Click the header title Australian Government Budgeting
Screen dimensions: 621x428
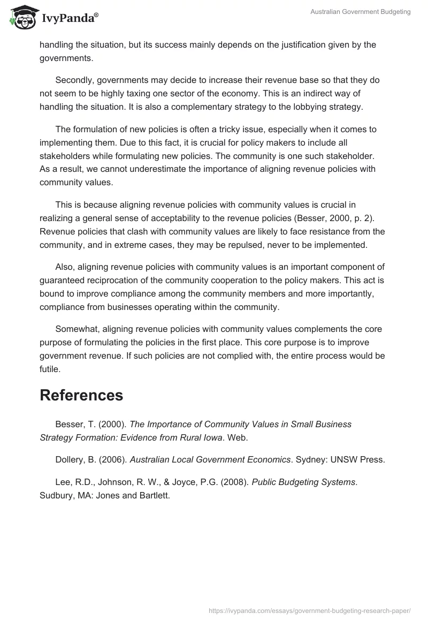(361, 12)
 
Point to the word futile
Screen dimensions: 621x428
(50, 369)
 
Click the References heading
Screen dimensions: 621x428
(81, 395)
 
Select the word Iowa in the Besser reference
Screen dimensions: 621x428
(210, 437)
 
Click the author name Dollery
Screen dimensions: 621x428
(70, 459)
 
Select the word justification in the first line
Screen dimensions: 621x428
(299, 44)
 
